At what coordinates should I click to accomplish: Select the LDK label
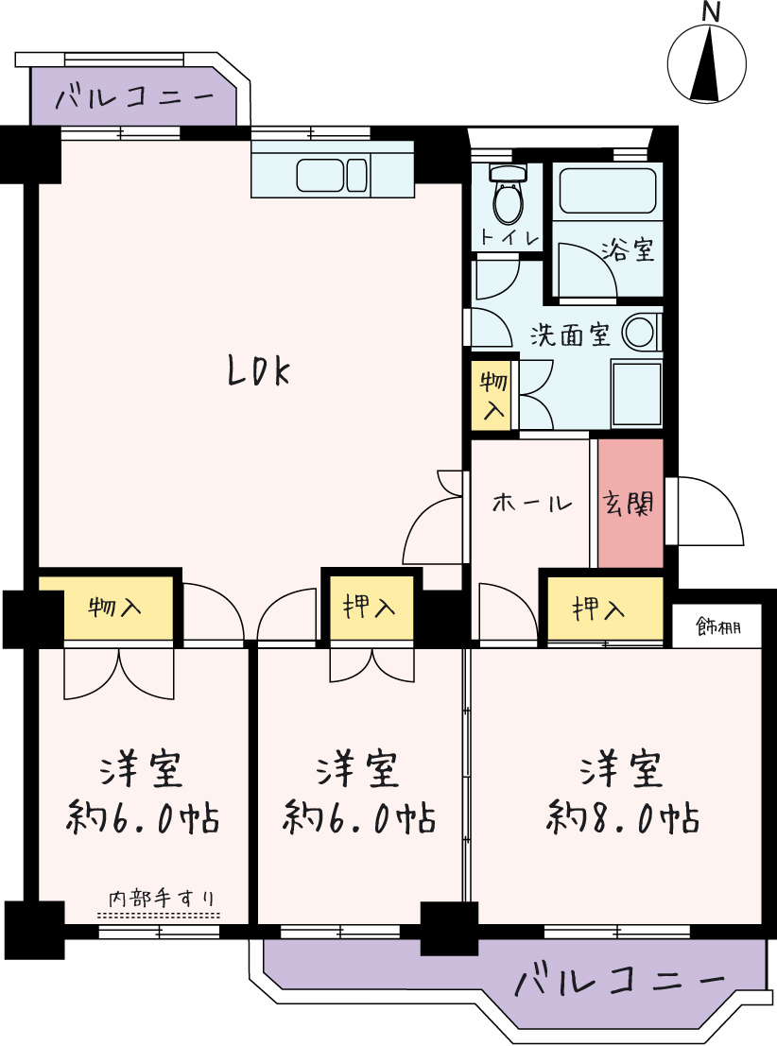click(x=259, y=371)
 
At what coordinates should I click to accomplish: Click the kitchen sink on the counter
click(x=332, y=176)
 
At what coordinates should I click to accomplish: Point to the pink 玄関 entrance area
click(x=630, y=503)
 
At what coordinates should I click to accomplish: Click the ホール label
click(x=532, y=503)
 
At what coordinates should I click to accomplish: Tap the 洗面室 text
click(x=570, y=334)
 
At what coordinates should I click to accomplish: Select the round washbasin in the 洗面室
click(x=640, y=332)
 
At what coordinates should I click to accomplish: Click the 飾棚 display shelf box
click(x=717, y=626)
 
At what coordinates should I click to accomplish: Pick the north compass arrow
click(x=706, y=64)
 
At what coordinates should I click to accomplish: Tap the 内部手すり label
click(x=163, y=899)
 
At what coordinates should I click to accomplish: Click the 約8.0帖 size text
click(x=622, y=818)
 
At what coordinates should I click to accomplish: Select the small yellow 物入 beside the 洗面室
click(x=494, y=396)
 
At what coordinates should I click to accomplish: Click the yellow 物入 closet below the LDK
click(x=106, y=608)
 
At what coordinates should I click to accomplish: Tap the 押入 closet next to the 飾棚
click(x=606, y=608)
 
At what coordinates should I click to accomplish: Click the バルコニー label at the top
click(x=134, y=98)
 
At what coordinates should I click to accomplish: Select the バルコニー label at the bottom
click(x=619, y=982)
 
